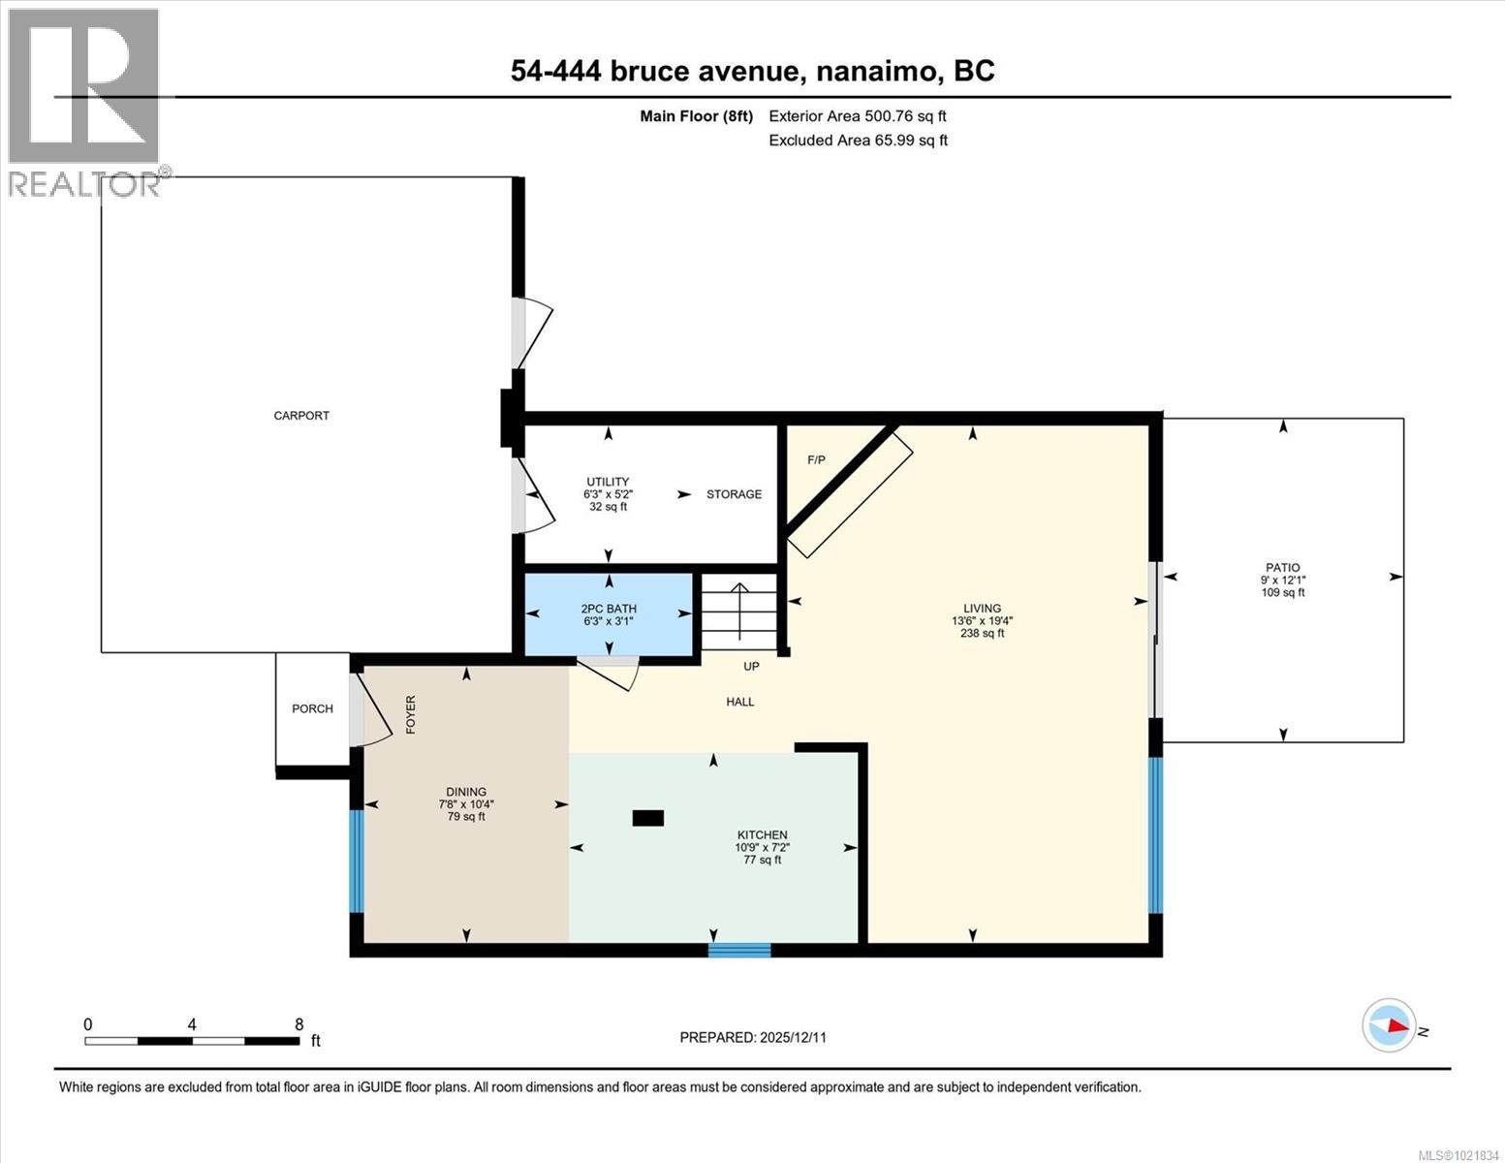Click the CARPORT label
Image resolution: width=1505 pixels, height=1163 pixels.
click(x=301, y=416)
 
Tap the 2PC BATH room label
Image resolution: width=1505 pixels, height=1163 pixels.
click(x=609, y=609)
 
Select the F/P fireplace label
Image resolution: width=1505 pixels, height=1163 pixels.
click(x=816, y=459)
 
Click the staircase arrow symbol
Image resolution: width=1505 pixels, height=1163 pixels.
click(x=739, y=611)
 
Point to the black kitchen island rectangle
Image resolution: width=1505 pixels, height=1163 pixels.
click(x=647, y=818)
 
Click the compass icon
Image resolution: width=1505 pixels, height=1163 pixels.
click(x=1389, y=1024)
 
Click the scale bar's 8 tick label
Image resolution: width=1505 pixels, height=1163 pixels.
click(x=298, y=1024)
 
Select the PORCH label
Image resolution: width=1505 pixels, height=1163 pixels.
click(x=312, y=708)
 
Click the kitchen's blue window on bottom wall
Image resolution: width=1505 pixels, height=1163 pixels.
click(x=739, y=950)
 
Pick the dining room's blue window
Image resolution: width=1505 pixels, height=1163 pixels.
click(x=356, y=861)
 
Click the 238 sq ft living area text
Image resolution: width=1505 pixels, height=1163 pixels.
click(x=982, y=634)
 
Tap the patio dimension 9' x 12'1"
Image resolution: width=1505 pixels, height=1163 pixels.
click(x=1282, y=581)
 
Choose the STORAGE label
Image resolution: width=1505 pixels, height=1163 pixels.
click(x=734, y=494)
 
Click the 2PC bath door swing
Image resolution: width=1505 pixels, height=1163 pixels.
click(x=611, y=671)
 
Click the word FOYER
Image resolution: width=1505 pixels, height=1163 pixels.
click(x=411, y=714)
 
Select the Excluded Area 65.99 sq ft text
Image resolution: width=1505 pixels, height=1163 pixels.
click(x=858, y=141)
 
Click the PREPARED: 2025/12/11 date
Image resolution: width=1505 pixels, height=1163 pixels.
click(x=753, y=1037)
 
